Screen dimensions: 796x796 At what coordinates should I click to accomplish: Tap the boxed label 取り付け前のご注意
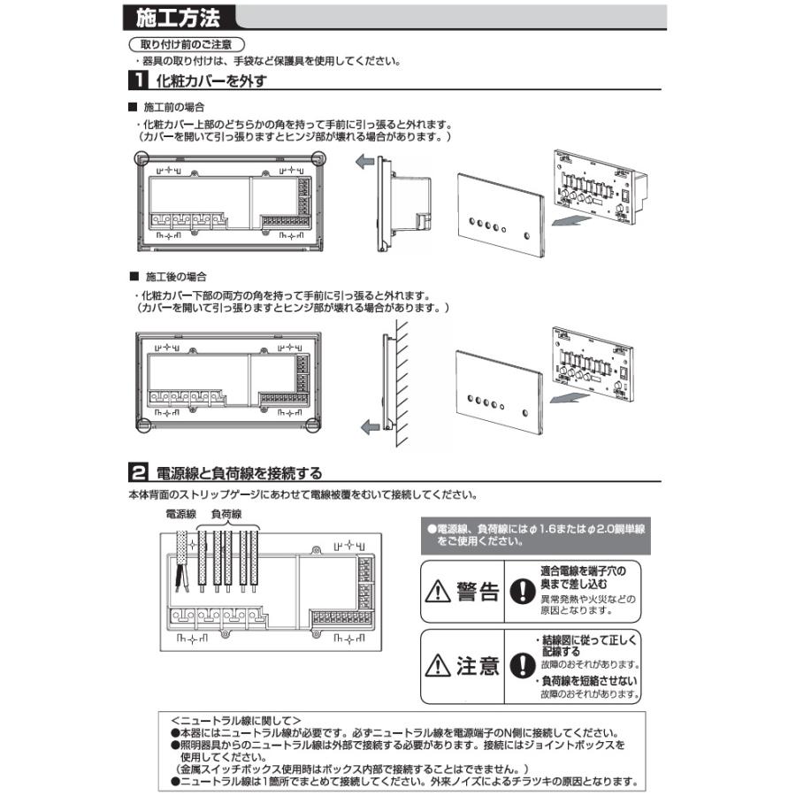tap(187, 44)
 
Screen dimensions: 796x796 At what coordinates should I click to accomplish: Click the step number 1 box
tap(138, 81)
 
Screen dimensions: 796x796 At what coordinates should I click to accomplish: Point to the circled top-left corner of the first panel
tap(141, 157)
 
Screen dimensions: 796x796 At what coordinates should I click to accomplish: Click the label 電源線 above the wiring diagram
tap(180, 513)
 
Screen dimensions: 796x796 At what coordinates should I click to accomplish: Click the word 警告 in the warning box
tap(478, 592)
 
